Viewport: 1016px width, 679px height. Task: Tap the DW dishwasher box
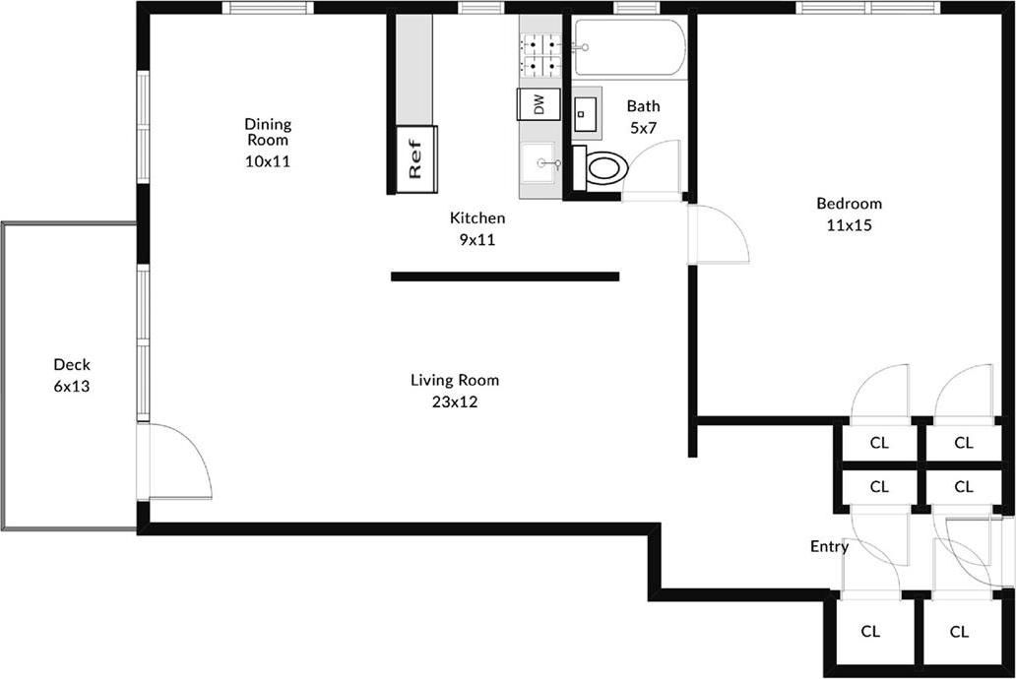click(539, 104)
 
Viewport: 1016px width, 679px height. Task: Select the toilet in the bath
click(605, 167)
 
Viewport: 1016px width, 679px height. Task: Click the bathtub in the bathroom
click(629, 48)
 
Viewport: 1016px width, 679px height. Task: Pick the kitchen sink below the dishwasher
click(540, 163)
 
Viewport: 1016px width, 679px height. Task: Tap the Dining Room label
click(268, 132)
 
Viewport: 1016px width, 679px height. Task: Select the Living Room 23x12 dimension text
click(454, 401)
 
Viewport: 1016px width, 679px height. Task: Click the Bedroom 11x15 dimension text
click(849, 224)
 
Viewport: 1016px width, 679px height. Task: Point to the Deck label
click(72, 365)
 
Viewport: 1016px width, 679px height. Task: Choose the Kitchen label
click(477, 218)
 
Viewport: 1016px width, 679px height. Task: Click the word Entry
click(829, 546)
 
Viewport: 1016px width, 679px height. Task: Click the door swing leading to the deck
click(182, 463)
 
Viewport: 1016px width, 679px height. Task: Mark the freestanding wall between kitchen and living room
click(504, 277)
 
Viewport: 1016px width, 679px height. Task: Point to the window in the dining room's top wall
click(267, 8)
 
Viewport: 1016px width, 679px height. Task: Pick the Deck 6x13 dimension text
click(72, 387)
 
